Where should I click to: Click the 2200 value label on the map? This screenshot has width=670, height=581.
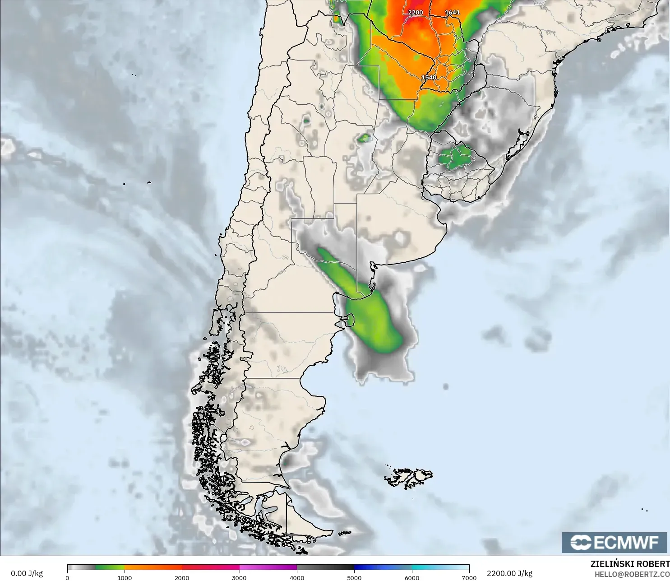click(x=416, y=13)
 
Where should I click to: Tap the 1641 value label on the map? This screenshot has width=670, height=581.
click(x=453, y=13)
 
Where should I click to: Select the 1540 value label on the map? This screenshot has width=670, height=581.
click(x=429, y=78)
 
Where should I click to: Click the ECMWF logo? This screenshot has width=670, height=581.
click(x=614, y=542)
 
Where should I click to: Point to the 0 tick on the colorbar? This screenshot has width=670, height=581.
click(x=68, y=577)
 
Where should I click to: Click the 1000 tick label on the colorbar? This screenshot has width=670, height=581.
click(x=125, y=577)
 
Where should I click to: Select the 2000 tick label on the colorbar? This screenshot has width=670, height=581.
click(x=182, y=577)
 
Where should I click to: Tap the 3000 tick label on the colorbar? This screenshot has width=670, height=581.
click(x=239, y=577)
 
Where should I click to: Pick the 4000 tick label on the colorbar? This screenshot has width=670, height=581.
click(x=297, y=577)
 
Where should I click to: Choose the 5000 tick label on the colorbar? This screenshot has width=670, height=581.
click(x=354, y=577)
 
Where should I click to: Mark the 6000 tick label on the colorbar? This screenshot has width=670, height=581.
click(x=411, y=577)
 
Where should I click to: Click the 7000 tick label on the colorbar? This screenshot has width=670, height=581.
click(x=469, y=577)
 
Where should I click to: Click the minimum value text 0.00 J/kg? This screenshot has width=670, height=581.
click(x=27, y=573)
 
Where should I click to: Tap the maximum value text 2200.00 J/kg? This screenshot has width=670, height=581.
click(x=509, y=573)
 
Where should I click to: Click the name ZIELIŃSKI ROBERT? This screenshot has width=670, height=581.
click(x=630, y=564)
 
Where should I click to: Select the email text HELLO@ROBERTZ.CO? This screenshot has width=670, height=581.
click(x=632, y=574)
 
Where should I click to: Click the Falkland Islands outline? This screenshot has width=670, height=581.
click(x=409, y=478)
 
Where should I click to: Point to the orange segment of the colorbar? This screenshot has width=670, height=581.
click(x=153, y=567)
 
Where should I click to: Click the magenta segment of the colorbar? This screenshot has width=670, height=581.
click(x=268, y=567)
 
